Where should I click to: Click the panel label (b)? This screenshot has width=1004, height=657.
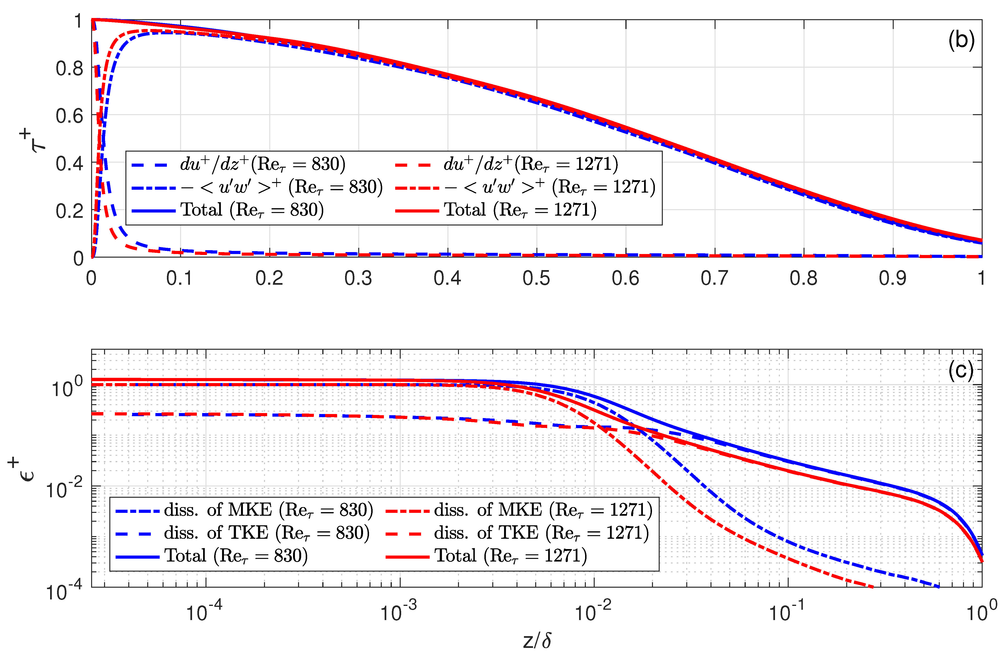(961, 41)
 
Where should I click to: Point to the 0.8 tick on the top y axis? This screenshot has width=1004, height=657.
(70, 68)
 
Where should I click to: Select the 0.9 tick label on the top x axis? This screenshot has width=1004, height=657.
(893, 278)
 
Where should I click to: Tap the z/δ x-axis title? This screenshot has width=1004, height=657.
(537, 640)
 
